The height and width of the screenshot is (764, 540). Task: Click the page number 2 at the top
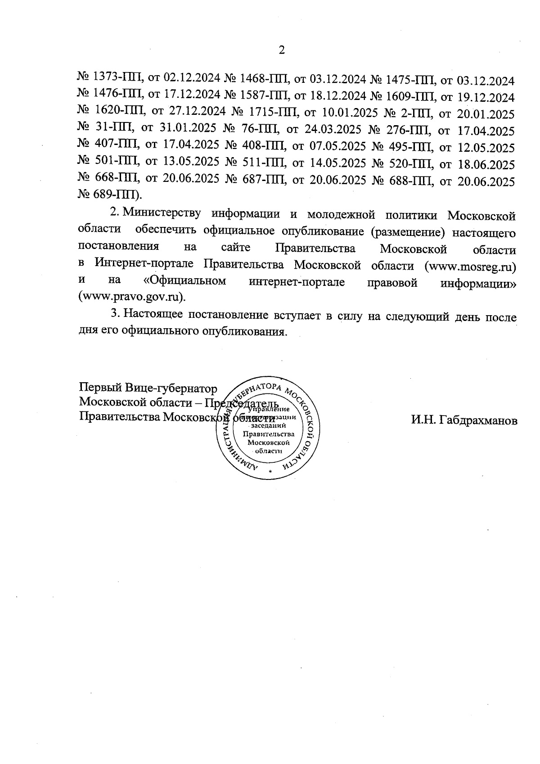point(282,50)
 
